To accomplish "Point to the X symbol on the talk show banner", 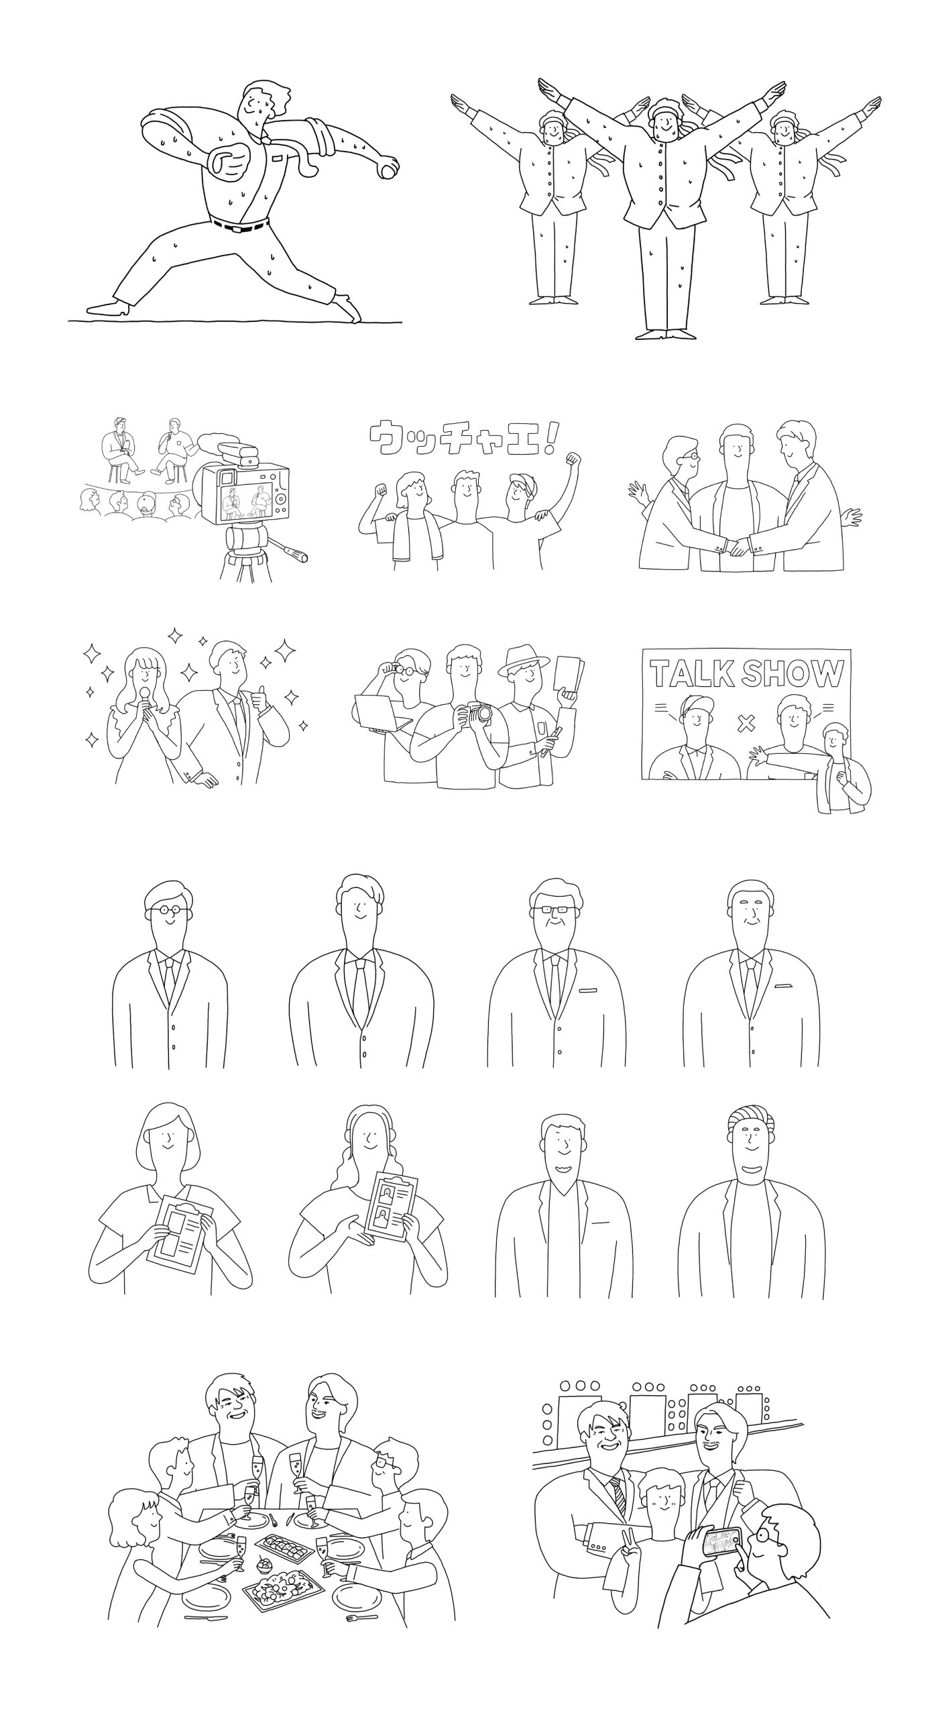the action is point(745,723).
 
